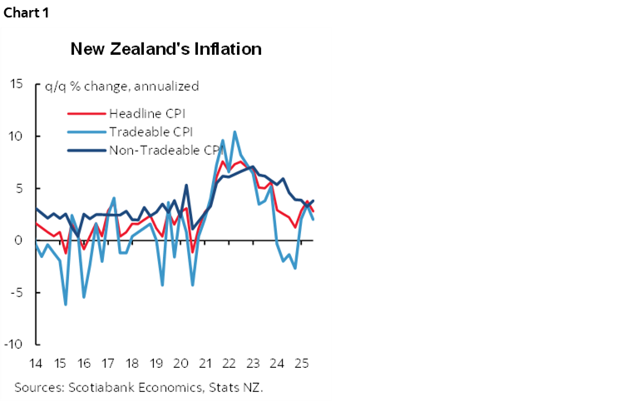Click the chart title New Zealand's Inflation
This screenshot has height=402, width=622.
pos(166,49)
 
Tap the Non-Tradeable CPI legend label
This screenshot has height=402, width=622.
pos(165,150)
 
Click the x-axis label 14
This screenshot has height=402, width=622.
pos(35,364)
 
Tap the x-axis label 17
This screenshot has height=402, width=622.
pos(107,364)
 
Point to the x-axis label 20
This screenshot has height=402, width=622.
pos(180,364)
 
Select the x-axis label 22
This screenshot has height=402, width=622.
pos(228,364)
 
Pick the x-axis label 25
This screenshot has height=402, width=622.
pos(299,364)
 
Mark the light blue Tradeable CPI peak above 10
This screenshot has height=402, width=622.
pos(234,132)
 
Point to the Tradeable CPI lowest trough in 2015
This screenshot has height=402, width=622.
pos(66,305)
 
